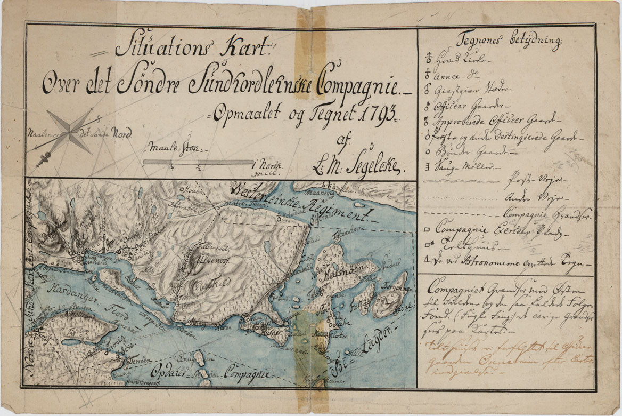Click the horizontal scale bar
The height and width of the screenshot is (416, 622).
point(199,162)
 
